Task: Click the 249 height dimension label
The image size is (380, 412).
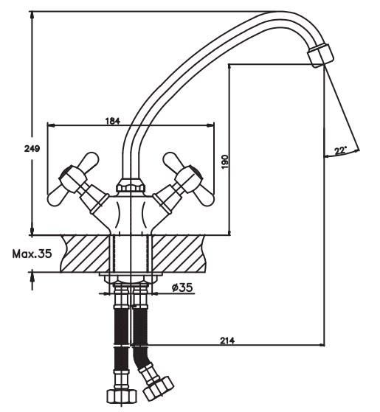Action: [x=32, y=148]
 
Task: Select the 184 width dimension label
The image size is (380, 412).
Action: [x=113, y=121]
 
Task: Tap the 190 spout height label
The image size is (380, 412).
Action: [x=225, y=162]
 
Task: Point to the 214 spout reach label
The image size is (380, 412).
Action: [x=227, y=341]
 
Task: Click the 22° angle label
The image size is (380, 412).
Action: [x=341, y=150]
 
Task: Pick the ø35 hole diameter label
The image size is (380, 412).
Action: [x=182, y=287]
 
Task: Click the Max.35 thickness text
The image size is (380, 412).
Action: [x=32, y=254]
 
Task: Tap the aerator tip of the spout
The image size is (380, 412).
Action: [x=320, y=56]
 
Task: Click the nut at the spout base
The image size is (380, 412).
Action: [x=131, y=186]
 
